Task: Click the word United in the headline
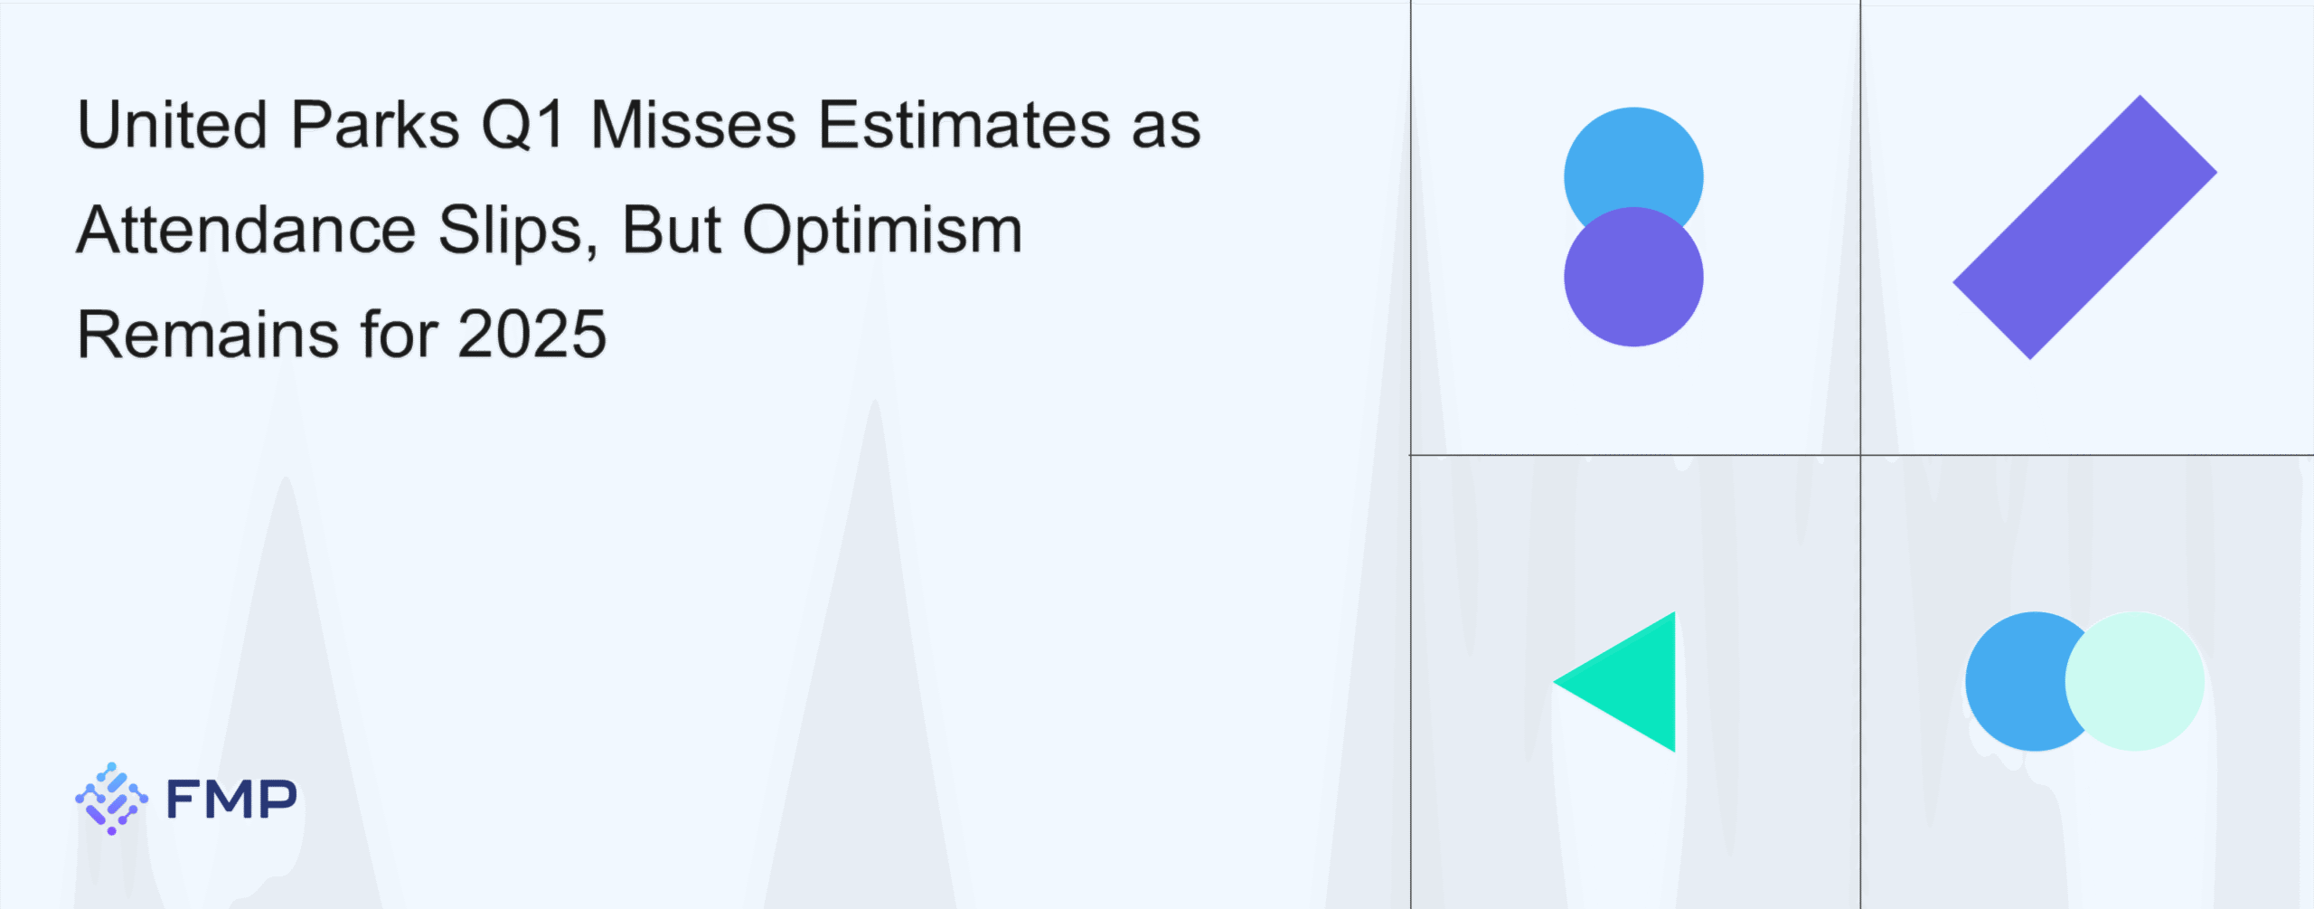coord(173,124)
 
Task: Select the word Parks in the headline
coord(376,124)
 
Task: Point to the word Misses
coord(693,124)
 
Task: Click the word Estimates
coord(964,124)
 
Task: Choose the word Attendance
coord(246,230)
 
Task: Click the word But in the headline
coord(672,230)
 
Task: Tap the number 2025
coord(532,335)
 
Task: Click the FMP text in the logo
coord(231,800)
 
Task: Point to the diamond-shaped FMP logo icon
coord(111,799)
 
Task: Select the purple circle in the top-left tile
coord(1633,277)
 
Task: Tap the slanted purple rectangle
coord(2084,227)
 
